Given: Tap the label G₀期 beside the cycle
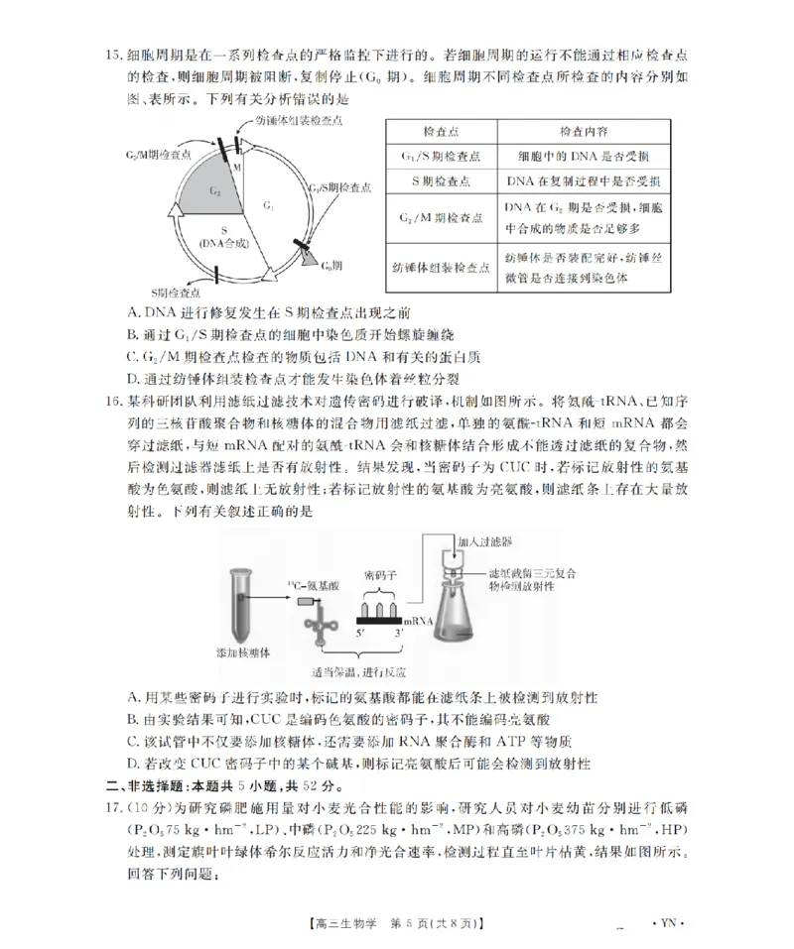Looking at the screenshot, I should [x=331, y=266].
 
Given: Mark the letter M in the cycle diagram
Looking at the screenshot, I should [x=238, y=169].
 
